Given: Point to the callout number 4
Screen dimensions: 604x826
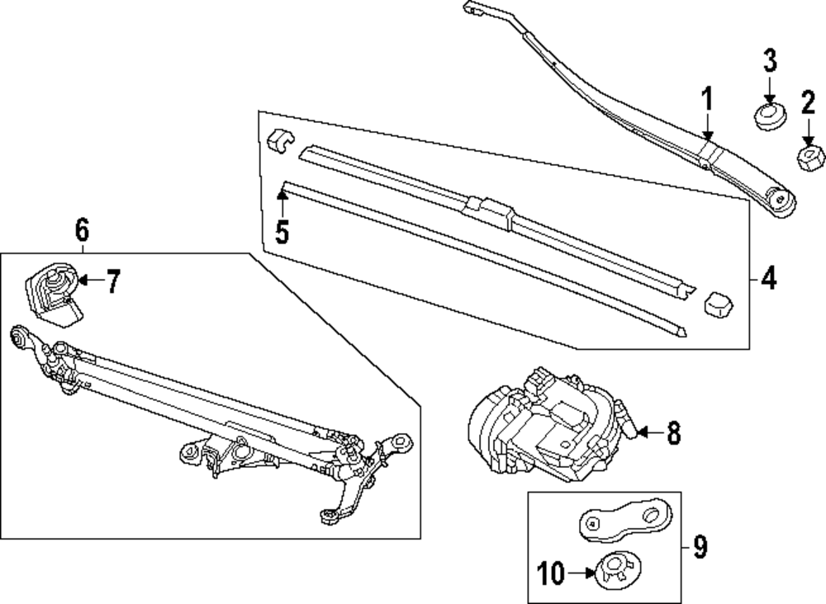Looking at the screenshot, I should tap(768, 280).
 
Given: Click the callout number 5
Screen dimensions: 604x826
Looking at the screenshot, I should tap(282, 232).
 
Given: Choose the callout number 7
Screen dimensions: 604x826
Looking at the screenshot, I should tap(112, 282).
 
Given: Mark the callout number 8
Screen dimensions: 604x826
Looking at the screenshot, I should tap(673, 433).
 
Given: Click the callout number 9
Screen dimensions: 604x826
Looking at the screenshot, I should tap(700, 547).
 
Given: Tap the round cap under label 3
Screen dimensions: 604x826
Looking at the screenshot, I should tap(769, 116).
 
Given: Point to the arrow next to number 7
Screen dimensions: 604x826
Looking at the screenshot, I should tap(89, 281).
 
